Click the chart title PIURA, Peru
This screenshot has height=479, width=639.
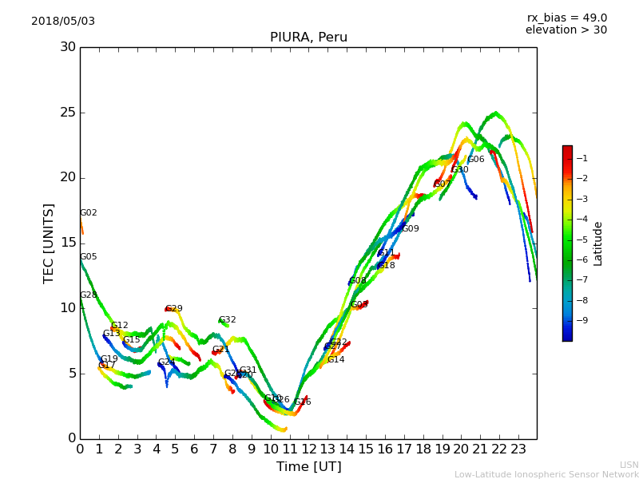[308, 38]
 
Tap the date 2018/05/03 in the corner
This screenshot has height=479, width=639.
[63, 22]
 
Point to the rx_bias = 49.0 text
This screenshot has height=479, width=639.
[566, 18]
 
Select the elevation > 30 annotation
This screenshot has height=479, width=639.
[566, 30]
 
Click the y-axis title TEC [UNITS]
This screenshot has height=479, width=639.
[49, 243]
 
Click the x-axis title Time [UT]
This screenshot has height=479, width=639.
[308, 467]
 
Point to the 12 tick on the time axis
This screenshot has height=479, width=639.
[308, 449]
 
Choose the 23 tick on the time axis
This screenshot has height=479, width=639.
[518, 449]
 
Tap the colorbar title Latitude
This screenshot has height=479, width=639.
[598, 243]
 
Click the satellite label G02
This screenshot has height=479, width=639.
[89, 213]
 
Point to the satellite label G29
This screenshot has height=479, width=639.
[174, 309]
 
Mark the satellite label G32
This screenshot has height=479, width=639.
[228, 320]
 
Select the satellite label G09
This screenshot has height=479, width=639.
[411, 229]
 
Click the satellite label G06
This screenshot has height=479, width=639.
[476, 160]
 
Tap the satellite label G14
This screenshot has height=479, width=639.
[336, 360]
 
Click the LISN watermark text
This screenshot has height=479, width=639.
[629, 465]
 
